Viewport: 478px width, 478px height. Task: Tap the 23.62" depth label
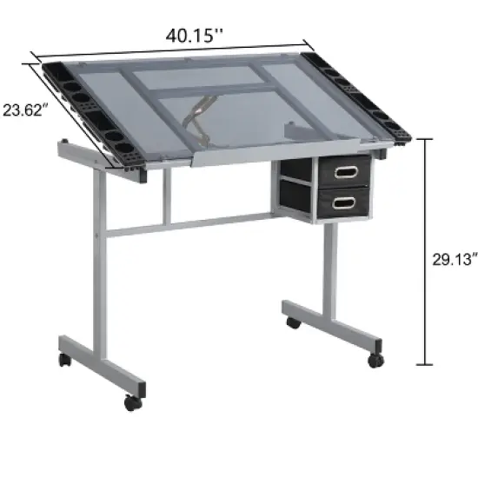23,110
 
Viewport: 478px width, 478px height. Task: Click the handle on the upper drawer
346,170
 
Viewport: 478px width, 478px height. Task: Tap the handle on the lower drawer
346,202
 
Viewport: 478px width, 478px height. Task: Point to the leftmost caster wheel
63,359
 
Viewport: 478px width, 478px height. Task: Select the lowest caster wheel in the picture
131,403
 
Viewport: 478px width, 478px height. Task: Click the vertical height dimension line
425,252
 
